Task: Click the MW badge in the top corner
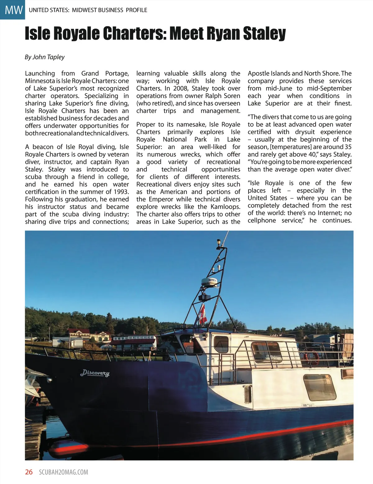point(12,10)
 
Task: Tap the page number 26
point(29,472)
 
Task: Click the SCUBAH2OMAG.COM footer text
point(64,472)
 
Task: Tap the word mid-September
point(329,88)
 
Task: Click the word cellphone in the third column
point(262,220)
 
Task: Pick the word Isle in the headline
point(37,34)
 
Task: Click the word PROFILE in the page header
point(136,10)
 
